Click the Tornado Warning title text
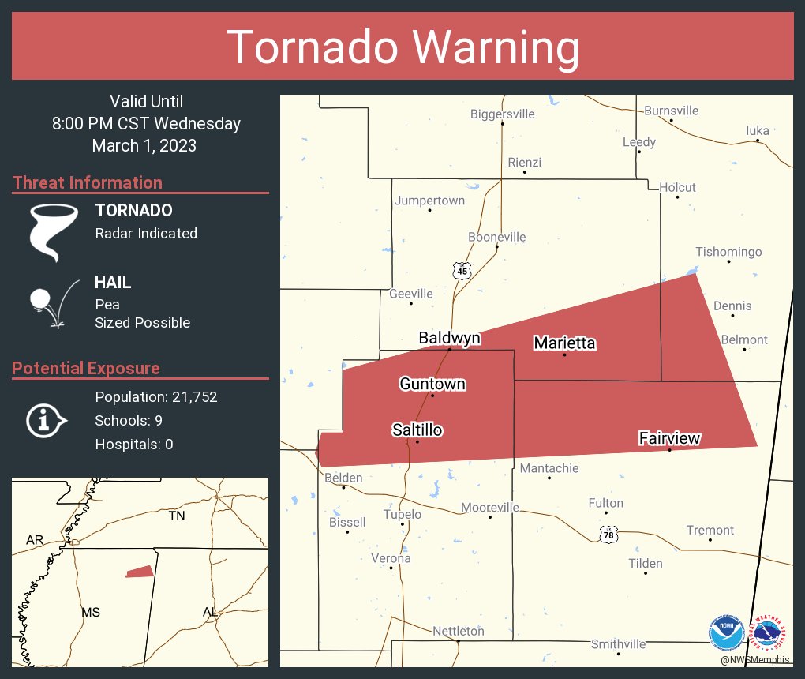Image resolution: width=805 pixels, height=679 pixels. click(x=402, y=47)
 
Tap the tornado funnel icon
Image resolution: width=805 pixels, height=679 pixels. click(x=54, y=231)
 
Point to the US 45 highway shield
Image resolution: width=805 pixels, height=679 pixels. click(x=462, y=271)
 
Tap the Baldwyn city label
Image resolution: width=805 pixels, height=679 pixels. click(x=449, y=338)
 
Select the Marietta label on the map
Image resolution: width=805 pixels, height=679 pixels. click(x=564, y=343)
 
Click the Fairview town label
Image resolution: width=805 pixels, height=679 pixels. click(x=669, y=438)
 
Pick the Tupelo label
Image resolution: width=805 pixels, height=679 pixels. click(x=402, y=514)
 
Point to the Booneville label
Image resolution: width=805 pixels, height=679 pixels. click(x=496, y=237)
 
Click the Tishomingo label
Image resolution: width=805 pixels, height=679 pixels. click(x=728, y=252)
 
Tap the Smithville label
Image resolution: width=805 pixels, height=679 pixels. click(x=618, y=644)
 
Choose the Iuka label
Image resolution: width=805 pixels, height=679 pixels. click(x=757, y=130)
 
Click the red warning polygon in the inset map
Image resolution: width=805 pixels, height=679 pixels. click(x=140, y=572)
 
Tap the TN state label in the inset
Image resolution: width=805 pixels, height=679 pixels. click(x=176, y=516)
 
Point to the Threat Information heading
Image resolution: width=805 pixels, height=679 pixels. click(x=88, y=182)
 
